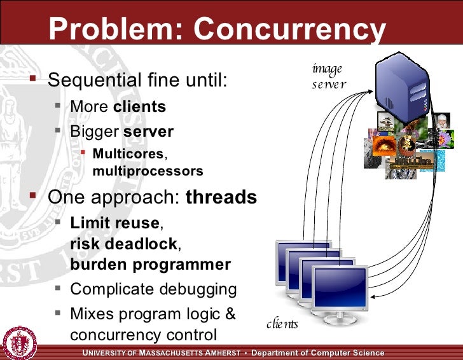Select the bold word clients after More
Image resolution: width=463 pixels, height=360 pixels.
click(x=139, y=106)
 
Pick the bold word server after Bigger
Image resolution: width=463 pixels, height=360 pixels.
click(x=148, y=132)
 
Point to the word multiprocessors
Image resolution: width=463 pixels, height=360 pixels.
click(x=148, y=171)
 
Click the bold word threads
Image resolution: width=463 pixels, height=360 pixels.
click(x=221, y=197)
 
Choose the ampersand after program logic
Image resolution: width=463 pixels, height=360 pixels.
click(x=230, y=314)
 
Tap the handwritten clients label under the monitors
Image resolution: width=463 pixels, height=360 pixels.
click(x=282, y=324)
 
